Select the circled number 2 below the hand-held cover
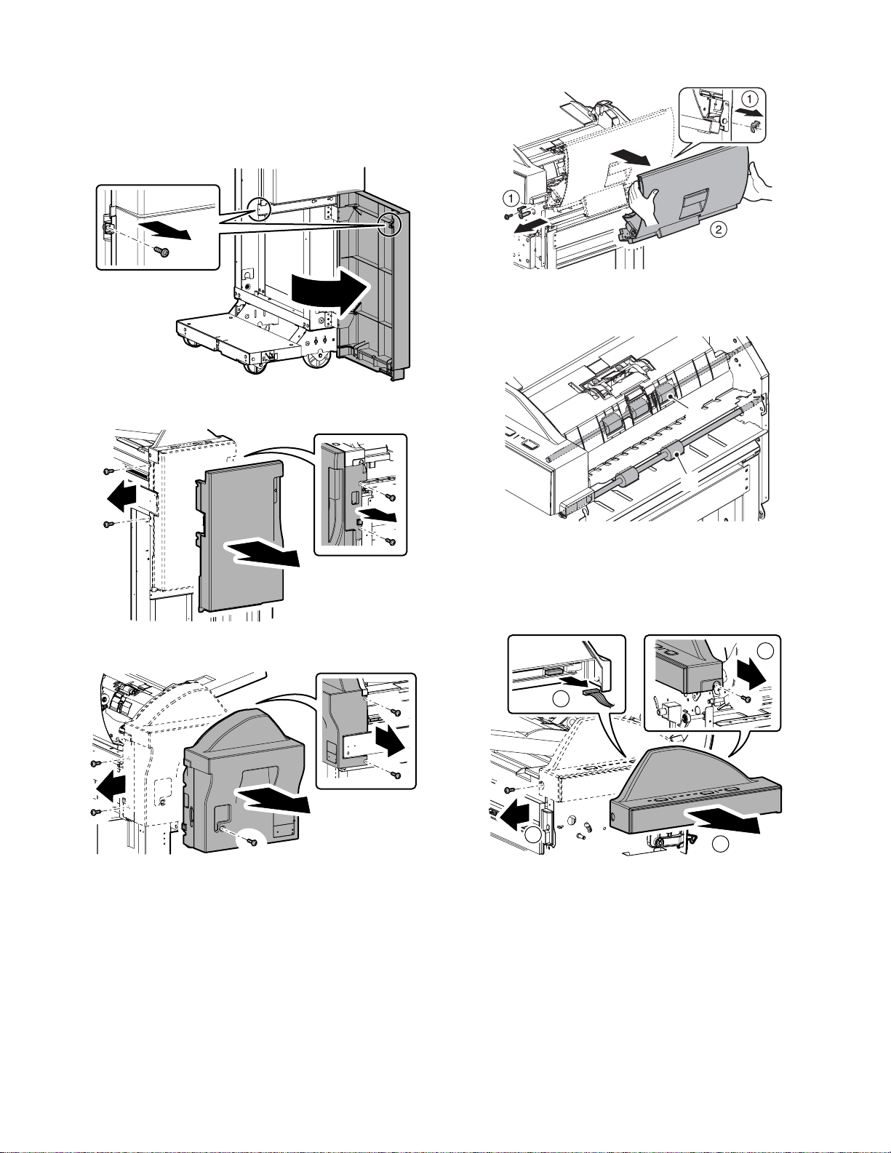coord(717,230)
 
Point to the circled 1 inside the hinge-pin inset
coord(749,97)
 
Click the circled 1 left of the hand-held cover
coord(512,197)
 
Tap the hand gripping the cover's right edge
coord(757,182)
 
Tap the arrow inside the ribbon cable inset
coord(569,682)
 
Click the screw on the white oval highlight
coord(252,841)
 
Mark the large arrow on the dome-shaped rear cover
coord(273,800)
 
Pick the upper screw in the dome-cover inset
coord(395,711)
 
